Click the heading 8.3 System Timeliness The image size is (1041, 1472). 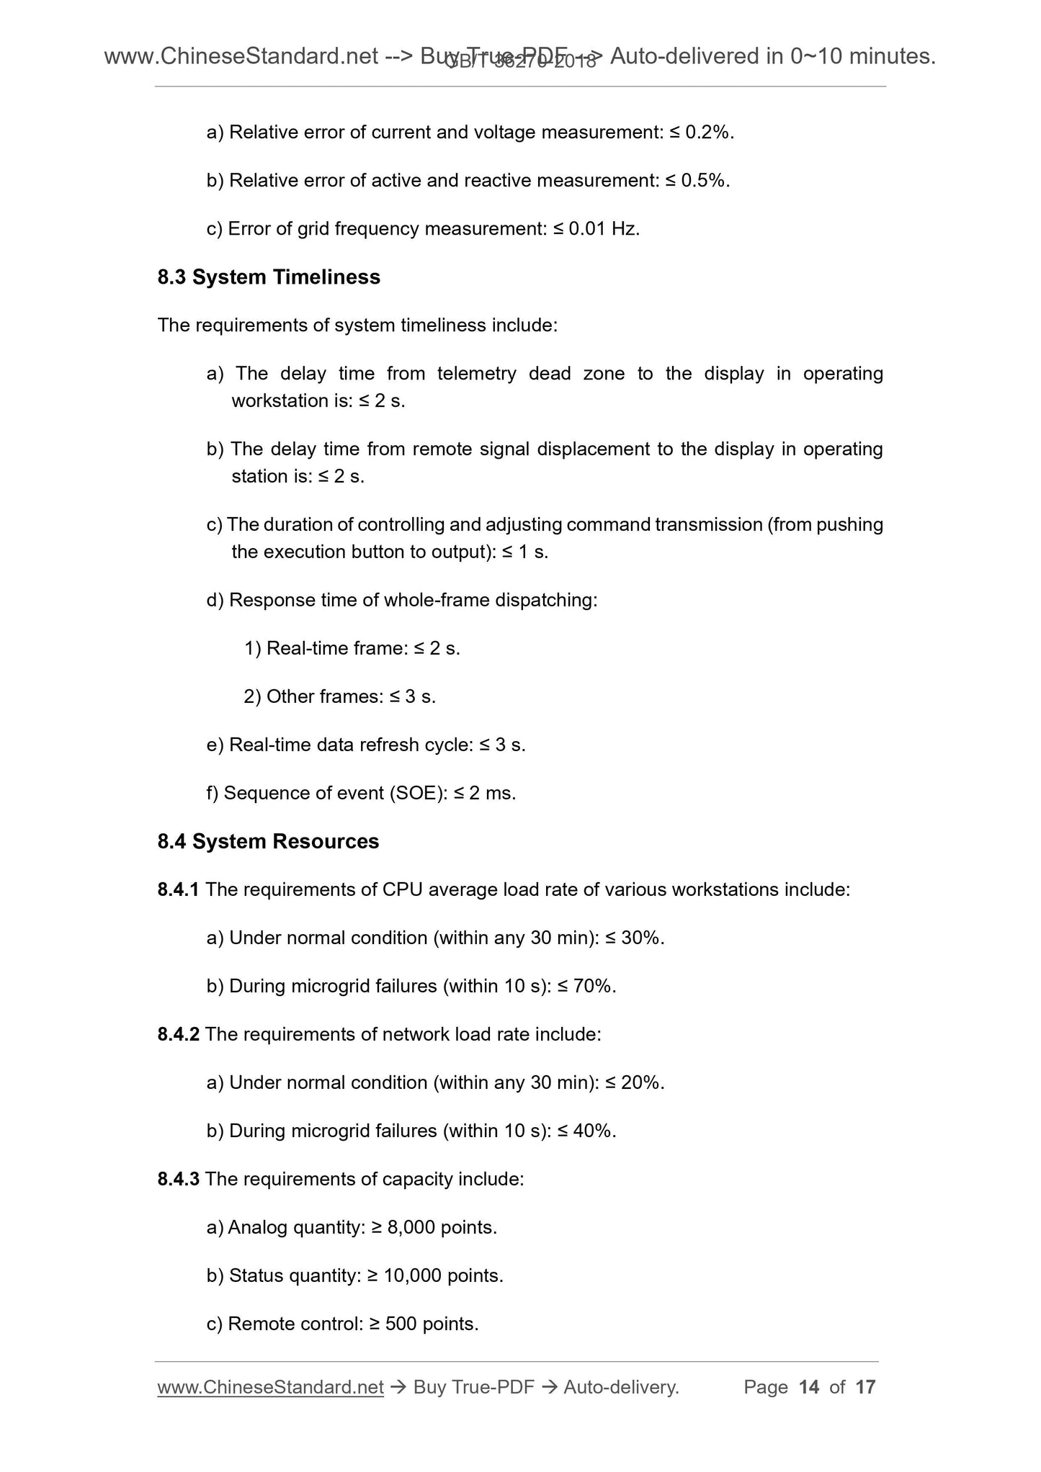[x=269, y=277]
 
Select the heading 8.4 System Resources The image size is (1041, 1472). [x=268, y=841]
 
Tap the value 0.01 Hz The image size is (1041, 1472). [x=604, y=229]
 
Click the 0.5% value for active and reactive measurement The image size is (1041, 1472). [x=705, y=181]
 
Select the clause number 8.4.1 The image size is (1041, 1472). [x=178, y=890]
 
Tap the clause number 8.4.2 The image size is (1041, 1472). [x=178, y=1035]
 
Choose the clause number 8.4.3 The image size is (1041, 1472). [x=178, y=1179]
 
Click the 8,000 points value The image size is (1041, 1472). [x=442, y=1227]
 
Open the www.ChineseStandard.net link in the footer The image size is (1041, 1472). [x=270, y=1387]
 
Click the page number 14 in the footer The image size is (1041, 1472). [x=809, y=1387]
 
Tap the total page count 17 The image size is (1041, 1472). [x=865, y=1387]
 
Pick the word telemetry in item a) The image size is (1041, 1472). [x=476, y=374]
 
